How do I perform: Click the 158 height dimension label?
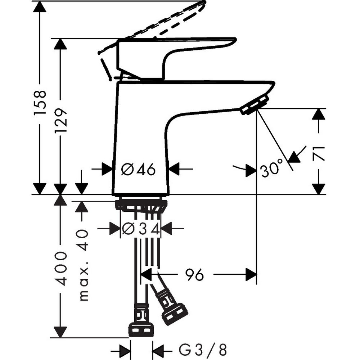point(40,103)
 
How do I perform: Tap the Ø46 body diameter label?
point(138,169)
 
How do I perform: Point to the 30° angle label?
point(273,169)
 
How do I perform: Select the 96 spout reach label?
point(194,275)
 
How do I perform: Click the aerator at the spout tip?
point(255,104)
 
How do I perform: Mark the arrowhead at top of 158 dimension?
point(40,7)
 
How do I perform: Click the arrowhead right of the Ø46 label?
point(174,168)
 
